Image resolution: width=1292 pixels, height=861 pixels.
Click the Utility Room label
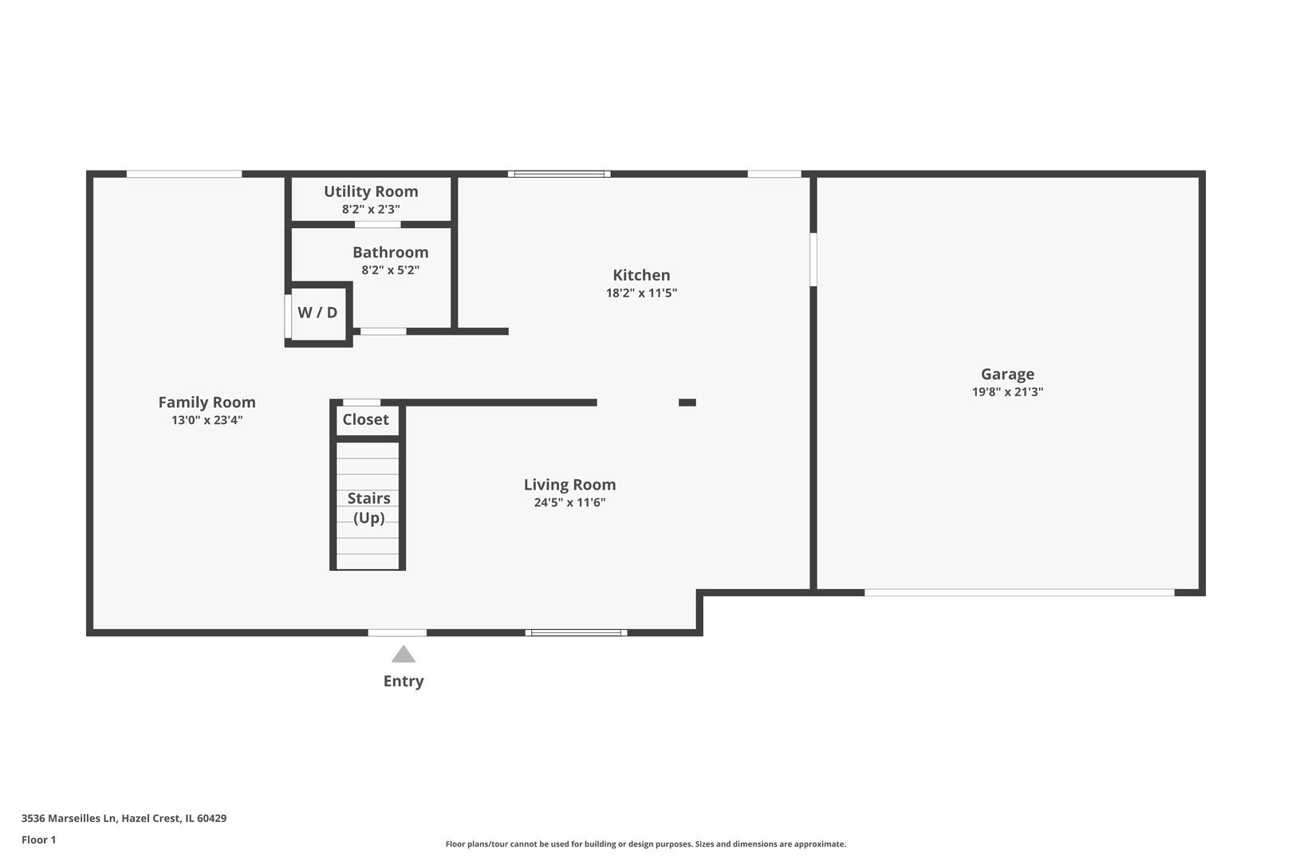371,191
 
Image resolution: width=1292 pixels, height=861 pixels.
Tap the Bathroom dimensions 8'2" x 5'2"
391,270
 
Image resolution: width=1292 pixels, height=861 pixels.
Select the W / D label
317,313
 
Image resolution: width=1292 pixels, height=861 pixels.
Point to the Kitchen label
641,275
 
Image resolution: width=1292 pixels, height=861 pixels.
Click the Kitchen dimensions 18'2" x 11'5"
641,293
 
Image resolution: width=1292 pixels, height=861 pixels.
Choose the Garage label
1007,375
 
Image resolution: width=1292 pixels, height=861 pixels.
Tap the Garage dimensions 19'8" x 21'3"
1007,392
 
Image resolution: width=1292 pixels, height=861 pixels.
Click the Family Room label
207,403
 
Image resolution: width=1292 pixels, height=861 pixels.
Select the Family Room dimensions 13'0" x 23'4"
207,420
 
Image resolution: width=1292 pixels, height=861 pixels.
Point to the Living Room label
570,485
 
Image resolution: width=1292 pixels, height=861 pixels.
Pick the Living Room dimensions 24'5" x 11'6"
570,502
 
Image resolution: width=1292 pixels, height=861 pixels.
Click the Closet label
366,419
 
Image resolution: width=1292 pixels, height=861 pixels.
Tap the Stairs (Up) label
369,508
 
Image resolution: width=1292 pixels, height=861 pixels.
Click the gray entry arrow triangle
404,655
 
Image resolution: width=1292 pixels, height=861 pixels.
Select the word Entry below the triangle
404,681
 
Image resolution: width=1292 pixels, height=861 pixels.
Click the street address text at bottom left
124,818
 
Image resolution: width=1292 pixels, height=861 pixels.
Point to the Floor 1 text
38,839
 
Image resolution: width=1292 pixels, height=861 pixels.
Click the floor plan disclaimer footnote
646,843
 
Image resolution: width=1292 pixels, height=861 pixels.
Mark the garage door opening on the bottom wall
1019,592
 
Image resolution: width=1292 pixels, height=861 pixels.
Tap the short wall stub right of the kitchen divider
687,403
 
